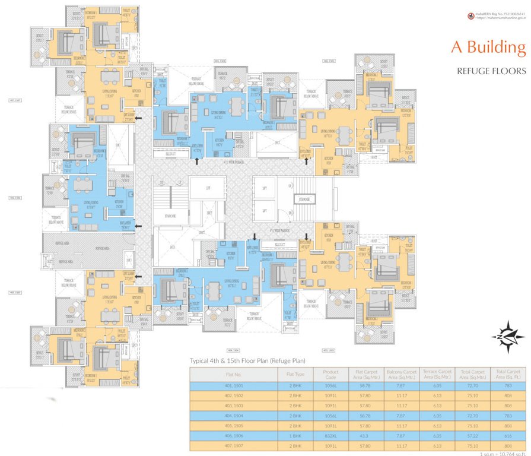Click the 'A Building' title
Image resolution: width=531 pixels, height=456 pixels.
(x=488, y=47)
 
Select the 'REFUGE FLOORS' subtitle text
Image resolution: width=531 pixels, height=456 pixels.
(x=491, y=71)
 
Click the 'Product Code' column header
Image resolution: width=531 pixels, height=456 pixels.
(x=330, y=375)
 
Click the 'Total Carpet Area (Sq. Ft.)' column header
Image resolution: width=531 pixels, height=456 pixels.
(x=508, y=375)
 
